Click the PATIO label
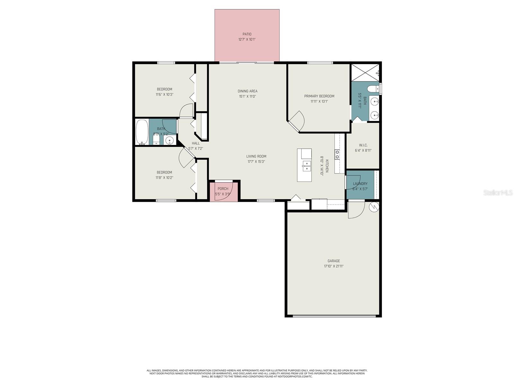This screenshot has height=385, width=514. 247,34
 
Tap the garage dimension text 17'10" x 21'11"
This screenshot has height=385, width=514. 333,266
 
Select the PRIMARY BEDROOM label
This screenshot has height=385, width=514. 319,96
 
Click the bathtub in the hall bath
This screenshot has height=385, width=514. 142,132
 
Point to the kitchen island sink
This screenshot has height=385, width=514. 307,166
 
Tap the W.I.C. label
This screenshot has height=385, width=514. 363,145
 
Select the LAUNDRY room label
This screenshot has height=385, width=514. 360,184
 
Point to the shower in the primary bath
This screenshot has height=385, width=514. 365,73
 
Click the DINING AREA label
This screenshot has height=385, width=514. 247,91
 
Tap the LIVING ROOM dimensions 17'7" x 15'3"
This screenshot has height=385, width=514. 256,162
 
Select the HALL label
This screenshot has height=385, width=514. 196,143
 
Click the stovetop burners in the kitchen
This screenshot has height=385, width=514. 337,155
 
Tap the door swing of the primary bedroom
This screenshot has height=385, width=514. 297,120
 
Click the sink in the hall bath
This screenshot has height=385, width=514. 170,140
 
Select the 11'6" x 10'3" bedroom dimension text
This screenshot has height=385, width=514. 164,95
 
